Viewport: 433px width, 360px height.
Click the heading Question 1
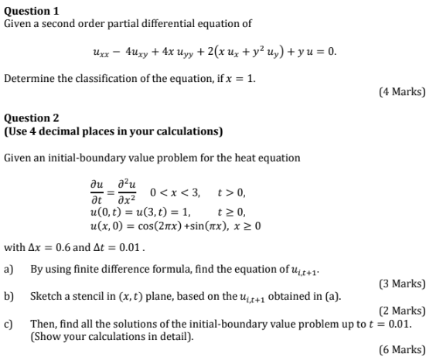tap(32, 11)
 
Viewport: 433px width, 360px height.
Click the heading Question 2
tap(32, 118)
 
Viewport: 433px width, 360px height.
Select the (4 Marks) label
tap(402, 91)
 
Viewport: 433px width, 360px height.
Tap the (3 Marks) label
tap(402, 284)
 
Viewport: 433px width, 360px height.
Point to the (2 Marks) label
tap(402, 311)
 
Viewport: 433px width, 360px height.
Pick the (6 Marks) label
tap(402, 350)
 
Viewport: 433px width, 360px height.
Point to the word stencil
tap(85, 297)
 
